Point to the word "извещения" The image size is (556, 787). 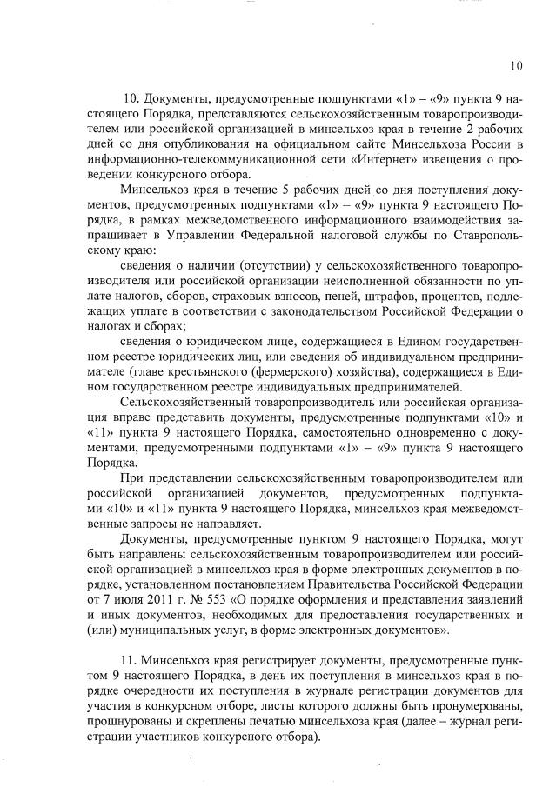click(x=426, y=159)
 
